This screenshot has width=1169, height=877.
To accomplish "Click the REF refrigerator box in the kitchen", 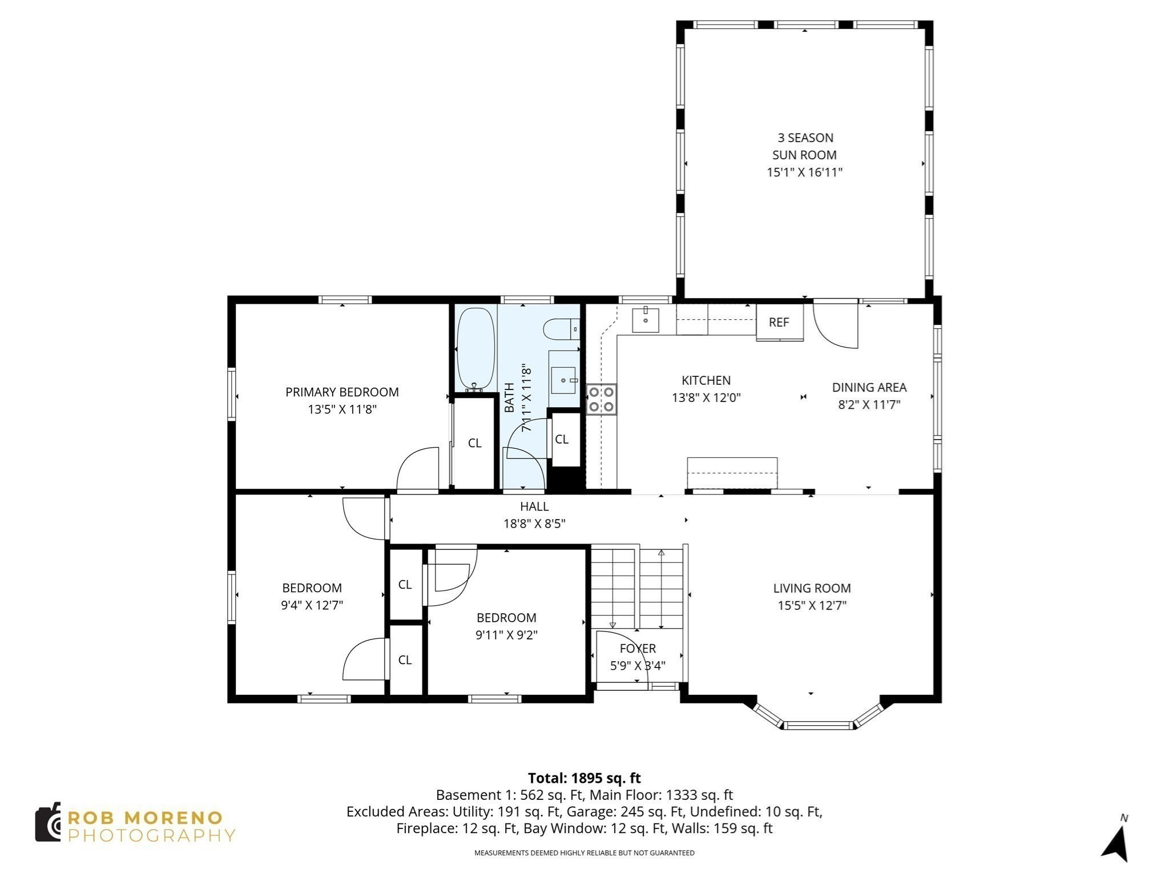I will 779,322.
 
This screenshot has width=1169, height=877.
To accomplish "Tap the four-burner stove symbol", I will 602,399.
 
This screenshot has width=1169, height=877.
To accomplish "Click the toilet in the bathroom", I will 561,329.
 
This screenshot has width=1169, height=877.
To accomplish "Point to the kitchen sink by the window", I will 646,320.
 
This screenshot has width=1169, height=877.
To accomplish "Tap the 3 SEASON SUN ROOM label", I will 804,146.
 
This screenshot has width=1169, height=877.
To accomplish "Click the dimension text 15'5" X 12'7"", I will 812,605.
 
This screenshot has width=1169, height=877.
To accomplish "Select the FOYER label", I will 638,649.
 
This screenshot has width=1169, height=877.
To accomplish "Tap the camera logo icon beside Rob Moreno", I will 49,822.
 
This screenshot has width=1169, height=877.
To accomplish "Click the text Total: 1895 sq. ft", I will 584,778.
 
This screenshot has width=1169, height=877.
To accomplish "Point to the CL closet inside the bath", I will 562,439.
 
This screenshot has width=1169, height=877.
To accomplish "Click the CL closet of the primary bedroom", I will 474,443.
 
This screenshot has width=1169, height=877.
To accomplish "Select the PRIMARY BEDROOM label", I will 342,392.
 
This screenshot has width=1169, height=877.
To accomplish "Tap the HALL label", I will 534,506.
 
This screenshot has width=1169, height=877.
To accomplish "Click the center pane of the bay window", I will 819,726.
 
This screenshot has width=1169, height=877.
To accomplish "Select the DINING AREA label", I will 869,387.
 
